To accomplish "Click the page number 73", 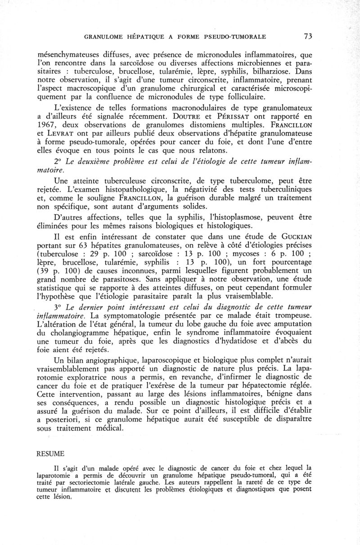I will [x=308, y=36].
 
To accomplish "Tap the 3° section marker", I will [x=56, y=307].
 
